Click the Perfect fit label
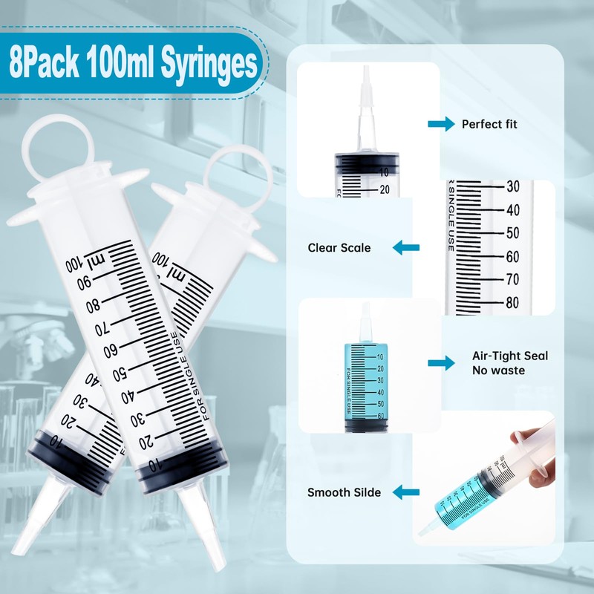coord(489,124)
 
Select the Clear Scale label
coord(339,247)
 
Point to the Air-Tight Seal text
coord(510,356)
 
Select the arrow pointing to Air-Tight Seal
coord(440,362)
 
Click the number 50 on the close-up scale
coord(512,233)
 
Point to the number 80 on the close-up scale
coord(512,302)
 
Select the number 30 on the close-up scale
coord(512,186)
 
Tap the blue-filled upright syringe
coord(363,379)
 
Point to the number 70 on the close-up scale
coord(512,279)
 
